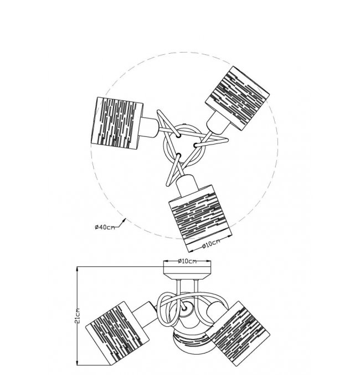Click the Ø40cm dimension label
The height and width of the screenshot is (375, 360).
(x=105, y=227)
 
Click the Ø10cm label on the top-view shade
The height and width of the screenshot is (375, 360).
(x=210, y=244)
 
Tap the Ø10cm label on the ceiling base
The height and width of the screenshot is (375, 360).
(x=187, y=261)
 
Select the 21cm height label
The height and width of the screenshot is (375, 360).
(x=78, y=316)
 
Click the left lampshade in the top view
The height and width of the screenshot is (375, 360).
(x=117, y=124)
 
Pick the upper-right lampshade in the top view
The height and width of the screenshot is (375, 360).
(x=238, y=98)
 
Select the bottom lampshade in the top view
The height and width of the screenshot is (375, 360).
(x=201, y=218)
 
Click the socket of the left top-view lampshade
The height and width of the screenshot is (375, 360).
(x=150, y=127)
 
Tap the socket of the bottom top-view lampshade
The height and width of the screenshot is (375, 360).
(x=188, y=183)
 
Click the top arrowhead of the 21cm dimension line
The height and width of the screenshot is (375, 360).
(x=78, y=269)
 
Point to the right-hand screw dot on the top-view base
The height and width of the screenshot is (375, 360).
(x=195, y=145)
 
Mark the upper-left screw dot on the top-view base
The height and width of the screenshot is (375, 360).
(x=178, y=136)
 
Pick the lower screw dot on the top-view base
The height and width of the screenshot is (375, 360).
(x=178, y=155)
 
